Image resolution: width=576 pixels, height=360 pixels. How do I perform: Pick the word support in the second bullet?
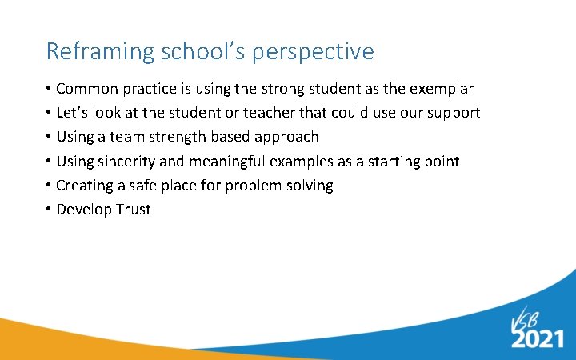click(452, 113)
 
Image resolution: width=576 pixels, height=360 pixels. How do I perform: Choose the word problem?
click(254, 186)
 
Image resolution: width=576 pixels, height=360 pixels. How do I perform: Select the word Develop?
click(82, 210)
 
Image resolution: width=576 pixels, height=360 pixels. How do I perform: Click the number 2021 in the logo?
click(538, 339)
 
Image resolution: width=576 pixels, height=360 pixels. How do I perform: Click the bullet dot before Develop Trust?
click(50, 210)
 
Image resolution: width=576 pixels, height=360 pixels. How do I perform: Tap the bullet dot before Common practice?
click(50, 89)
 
